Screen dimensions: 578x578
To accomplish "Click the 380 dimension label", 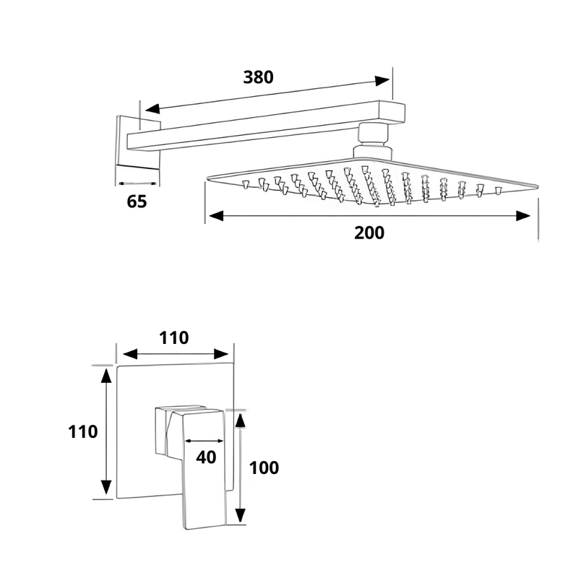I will point(259,77).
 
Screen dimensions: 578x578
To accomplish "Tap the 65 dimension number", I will point(137,202).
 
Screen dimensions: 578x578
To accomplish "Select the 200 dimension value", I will point(369,233).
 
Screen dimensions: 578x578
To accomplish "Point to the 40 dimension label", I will point(206,457).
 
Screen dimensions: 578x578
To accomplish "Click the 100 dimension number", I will point(264,467).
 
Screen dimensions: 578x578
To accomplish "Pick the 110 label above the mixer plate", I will point(173,337).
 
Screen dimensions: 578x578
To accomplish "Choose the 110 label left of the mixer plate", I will point(83,432).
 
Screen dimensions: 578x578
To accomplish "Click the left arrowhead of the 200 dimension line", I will point(214,215).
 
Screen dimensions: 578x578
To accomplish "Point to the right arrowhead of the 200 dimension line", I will point(525,215).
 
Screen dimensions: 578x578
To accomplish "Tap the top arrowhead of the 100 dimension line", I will point(241,419).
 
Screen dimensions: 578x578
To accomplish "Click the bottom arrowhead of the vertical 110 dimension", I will point(106,488).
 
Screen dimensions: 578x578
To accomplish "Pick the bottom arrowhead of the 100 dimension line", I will point(241,516).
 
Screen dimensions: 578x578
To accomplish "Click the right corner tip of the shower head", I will point(537,186).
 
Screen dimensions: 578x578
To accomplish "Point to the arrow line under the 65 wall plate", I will point(137,183).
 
